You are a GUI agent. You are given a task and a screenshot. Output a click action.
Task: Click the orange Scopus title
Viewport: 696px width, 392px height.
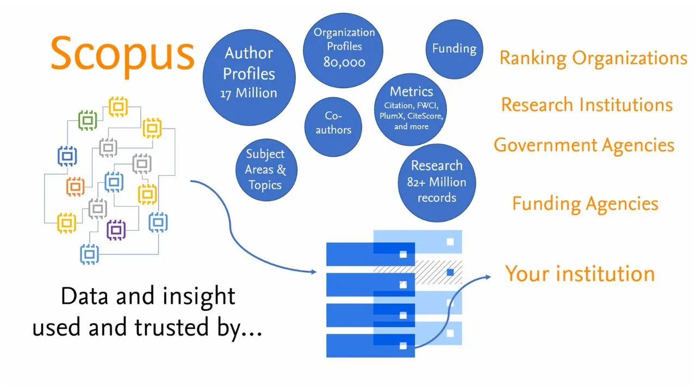coord(122,53)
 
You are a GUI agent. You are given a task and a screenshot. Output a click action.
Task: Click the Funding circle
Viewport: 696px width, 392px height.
coord(454,50)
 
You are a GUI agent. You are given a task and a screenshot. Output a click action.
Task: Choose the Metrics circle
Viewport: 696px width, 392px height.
coord(411,108)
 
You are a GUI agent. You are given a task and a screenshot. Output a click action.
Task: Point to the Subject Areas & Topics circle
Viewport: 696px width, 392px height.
coord(265,169)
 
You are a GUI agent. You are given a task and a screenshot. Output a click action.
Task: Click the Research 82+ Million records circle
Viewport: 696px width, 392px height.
coord(437,182)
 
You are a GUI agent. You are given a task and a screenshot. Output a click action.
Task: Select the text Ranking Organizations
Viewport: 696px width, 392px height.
coord(593,58)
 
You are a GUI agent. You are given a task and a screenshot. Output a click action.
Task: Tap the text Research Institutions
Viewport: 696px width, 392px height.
coord(587,105)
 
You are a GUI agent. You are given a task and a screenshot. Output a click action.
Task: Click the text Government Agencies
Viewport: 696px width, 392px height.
coord(584,145)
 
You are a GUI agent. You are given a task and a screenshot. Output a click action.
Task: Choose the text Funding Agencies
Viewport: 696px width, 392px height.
coord(585,204)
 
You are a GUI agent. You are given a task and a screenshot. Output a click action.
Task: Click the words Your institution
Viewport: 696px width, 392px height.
coord(580,273)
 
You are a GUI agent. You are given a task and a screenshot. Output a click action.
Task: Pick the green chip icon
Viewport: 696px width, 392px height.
coord(88,120)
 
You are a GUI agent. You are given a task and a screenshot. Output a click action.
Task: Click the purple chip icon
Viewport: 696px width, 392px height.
coord(116,230)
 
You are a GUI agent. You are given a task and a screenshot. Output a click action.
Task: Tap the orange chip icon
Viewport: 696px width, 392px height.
coord(76,187)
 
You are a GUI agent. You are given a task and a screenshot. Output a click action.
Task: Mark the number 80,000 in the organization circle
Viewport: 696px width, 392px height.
coord(344,63)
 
